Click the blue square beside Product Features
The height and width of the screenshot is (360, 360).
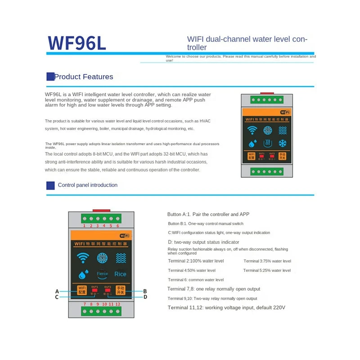(x=50, y=76)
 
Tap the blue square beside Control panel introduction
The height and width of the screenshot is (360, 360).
(x=50, y=185)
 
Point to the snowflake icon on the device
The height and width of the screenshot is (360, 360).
(x=283, y=144)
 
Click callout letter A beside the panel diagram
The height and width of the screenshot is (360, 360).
(x=57, y=291)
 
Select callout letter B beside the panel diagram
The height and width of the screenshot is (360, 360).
(x=145, y=291)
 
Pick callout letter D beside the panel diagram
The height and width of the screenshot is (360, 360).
(x=145, y=297)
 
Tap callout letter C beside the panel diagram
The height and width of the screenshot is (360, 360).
(x=57, y=297)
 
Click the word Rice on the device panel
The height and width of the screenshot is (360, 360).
(x=121, y=274)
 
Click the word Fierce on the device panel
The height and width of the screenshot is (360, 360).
(x=102, y=274)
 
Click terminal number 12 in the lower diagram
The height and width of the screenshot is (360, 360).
(x=117, y=305)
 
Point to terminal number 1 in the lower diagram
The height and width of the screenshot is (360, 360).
(x=84, y=225)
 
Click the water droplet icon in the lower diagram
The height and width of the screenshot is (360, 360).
(x=82, y=274)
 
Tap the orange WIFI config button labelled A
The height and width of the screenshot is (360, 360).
(x=82, y=290)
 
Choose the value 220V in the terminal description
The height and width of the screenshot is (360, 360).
(x=278, y=308)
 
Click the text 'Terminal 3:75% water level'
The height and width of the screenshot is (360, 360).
(x=267, y=261)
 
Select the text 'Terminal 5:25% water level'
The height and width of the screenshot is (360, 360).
(x=267, y=270)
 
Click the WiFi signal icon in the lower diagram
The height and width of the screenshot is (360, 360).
(x=82, y=258)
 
